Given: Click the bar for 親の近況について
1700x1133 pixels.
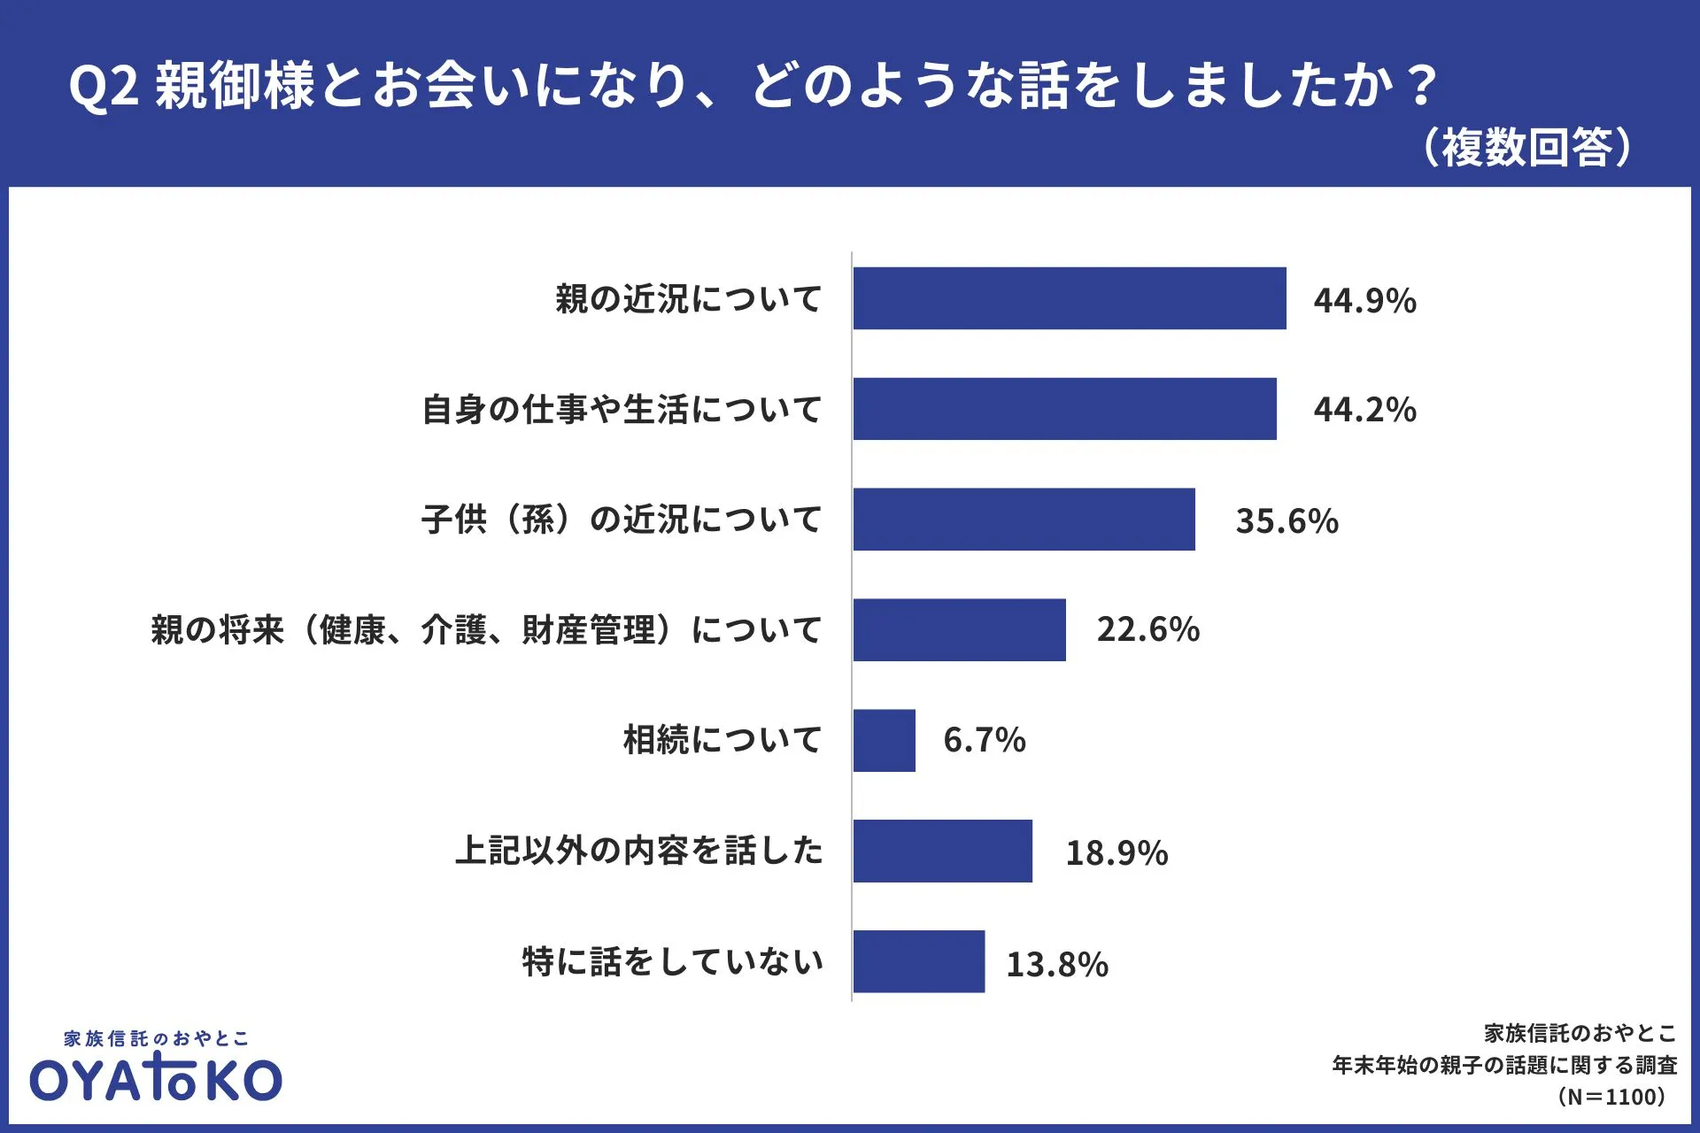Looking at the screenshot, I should (x=1070, y=298).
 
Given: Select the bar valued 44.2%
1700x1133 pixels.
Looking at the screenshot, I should (x=1064, y=409).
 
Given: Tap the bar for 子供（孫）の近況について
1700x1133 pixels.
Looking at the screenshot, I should (x=1024, y=520).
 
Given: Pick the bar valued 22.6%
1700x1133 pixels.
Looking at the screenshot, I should (x=959, y=629).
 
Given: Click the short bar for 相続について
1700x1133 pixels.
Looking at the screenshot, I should (x=884, y=740).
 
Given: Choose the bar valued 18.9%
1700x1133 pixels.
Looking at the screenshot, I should (x=942, y=851).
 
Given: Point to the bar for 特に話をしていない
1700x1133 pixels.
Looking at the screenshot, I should (x=918, y=961).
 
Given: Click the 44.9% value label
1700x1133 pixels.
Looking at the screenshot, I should (x=1364, y=301).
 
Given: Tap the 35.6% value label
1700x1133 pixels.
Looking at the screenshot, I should (x=1287, y=521).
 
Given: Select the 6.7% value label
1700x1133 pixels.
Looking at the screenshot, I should (x=984, y=740).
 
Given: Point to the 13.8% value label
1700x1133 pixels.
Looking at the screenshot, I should (x=1057, y=965).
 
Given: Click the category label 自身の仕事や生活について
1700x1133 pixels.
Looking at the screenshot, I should (x=622, y=410).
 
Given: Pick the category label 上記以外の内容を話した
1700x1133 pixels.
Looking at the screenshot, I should (x=638, y=851).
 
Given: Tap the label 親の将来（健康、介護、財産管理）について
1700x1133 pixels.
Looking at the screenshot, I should (x=486, y=630).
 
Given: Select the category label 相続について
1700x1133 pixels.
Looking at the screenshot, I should (x=722, y=740).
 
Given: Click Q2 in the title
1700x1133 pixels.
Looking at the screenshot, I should (x=104, y=87).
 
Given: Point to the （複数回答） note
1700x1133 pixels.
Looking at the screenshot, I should (x=1526, y=147).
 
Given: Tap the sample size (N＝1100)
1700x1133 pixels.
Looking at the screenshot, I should (x=1611, y=1098).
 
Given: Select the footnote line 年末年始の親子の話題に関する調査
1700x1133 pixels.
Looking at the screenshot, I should (x=1504, y=1066).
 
